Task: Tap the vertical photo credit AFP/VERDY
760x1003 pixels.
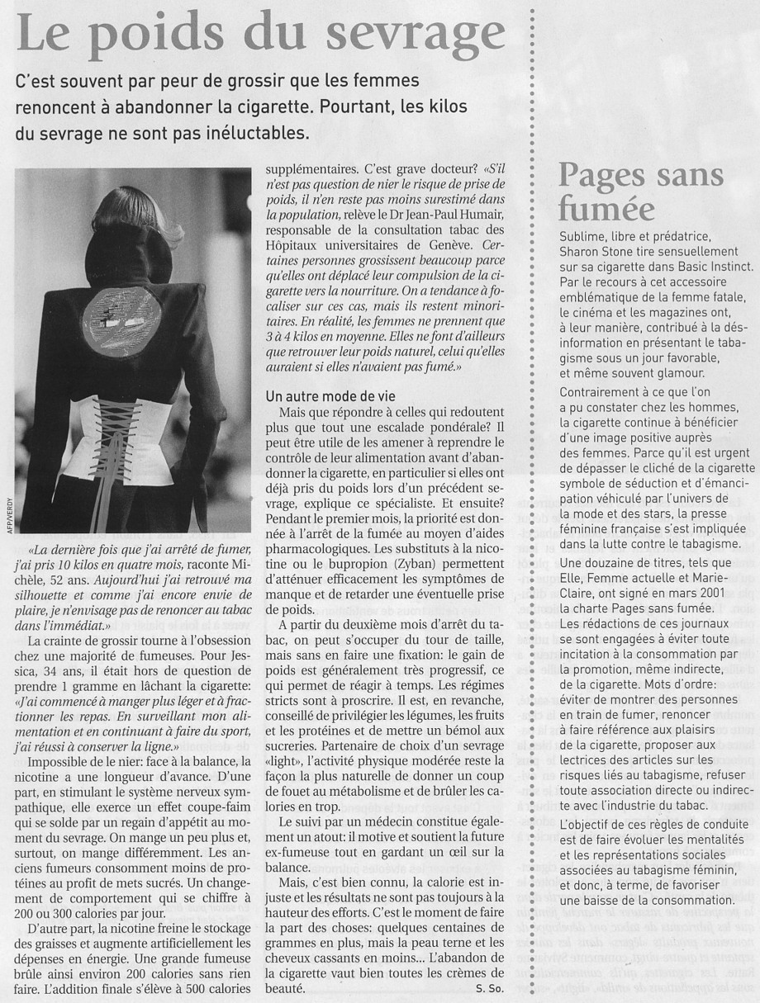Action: coord(7,509)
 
